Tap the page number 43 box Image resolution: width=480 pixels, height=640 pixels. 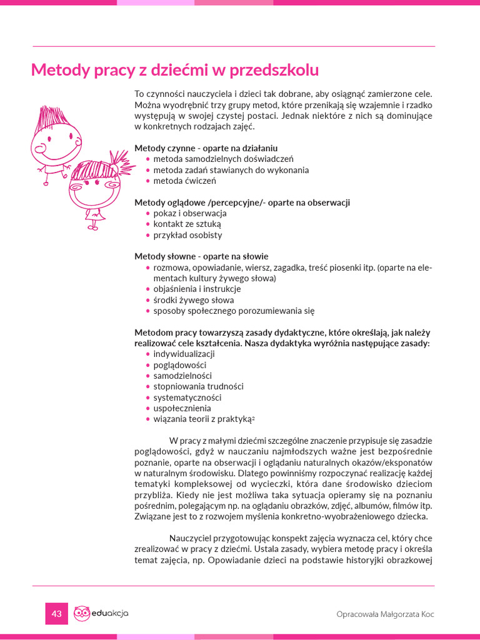click(x=56, y=614)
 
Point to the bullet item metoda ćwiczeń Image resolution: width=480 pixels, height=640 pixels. click(x=184, y=181)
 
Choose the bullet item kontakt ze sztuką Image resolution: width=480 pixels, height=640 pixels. click(x=187, y=224)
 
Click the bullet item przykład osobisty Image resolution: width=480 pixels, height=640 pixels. click(x=187, y=235)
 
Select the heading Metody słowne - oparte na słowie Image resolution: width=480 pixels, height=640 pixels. click(x=201, y=256)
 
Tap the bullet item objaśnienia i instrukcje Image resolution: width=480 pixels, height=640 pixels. click(x=197, y=289)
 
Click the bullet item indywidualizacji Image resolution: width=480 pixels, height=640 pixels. click(x=184, y=354)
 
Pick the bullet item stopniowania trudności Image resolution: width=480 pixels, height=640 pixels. click(x=198, y=386)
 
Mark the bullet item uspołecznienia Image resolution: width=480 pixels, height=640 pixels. click(x=182, y=408)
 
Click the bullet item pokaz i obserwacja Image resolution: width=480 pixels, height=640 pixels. click(x=186, y=213)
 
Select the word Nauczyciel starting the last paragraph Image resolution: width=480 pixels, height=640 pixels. click(x=192, y=538)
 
